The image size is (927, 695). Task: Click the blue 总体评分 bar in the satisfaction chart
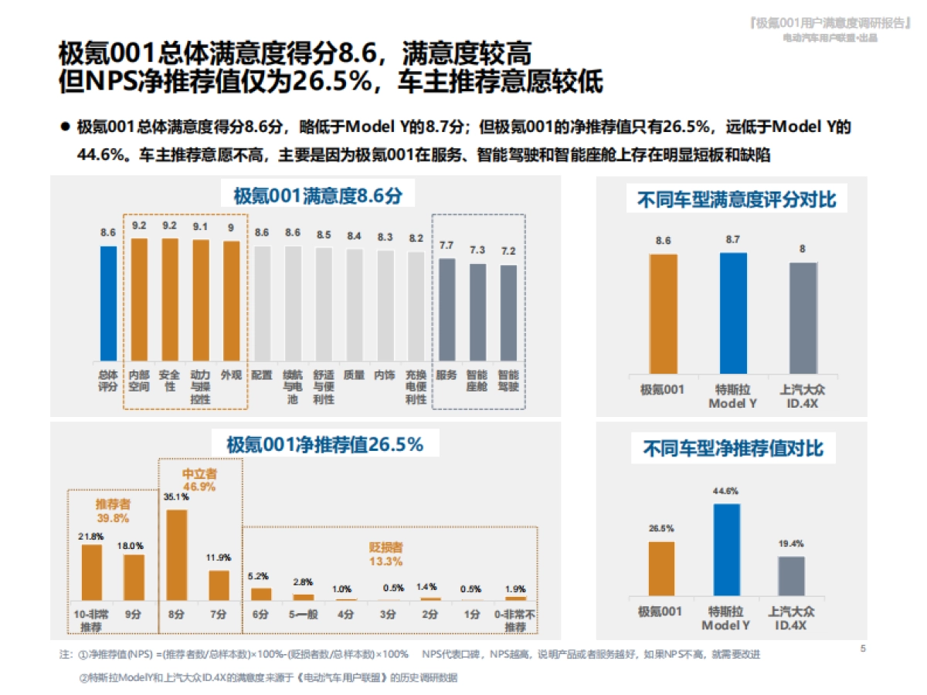click(x=108, y=303)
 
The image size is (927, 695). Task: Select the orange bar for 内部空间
click(x=139, y=299)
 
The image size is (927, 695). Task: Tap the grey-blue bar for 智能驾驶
click(x=508, y=312)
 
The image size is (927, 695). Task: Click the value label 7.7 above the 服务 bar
click(x=447, y=246)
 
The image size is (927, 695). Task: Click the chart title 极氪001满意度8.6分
click(x=318, y=195)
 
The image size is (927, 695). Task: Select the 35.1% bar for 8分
click(x=177, y=554)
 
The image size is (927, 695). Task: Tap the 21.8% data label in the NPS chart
click(x=92, y=535)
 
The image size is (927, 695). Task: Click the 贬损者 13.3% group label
click(x=385, y=554)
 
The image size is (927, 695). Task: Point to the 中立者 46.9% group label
click(x=199, y=480)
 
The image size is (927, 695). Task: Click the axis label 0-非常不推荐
click(x=515, y=620)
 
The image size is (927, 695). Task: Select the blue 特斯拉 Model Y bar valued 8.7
click(x=733, y=313)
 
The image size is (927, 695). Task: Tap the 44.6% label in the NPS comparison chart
click(x=726, y=490)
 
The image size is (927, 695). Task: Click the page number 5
click(x=863, y=648)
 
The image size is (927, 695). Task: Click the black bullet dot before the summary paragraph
click(x=66, y=126)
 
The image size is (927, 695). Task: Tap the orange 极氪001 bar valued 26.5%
click(x=661, y=570)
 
